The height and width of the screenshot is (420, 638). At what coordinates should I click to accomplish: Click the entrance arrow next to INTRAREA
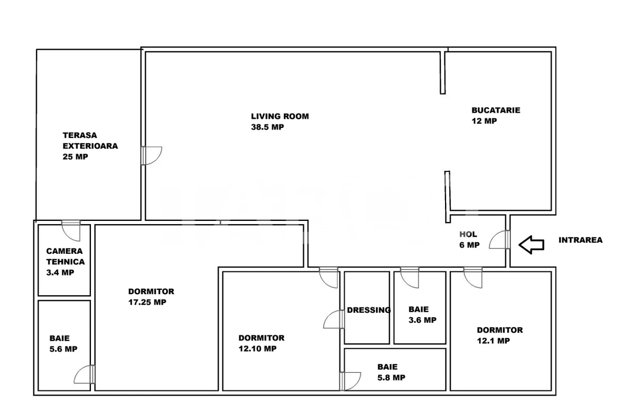(531, 245)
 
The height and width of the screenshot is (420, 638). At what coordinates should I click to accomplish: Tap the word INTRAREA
(581, 240)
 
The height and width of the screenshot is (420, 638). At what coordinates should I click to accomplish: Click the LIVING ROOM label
(280, 116)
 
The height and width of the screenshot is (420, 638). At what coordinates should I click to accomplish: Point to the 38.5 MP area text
(267, 127)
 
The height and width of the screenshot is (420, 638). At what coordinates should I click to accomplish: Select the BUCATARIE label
(496, 110)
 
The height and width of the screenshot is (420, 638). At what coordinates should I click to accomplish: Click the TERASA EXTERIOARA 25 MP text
(90, 146)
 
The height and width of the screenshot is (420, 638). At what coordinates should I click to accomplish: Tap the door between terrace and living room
(152, 156)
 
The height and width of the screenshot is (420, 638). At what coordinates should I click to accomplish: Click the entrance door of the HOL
(500, 239)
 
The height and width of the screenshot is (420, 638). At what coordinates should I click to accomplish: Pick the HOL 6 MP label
(469, 239)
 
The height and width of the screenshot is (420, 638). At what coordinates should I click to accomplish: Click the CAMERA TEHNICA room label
(65, 262)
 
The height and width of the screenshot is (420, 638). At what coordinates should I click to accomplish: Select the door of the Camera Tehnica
(71, 230)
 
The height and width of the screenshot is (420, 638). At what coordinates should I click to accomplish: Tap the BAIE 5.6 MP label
(63, 344)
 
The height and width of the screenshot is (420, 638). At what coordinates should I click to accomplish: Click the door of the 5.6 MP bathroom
(85, 374)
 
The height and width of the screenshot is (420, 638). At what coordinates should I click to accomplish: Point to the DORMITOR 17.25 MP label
(151, 297)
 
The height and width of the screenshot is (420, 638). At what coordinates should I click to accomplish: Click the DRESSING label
(368, 310)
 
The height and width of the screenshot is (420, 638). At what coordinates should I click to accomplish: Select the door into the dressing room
(334, 319)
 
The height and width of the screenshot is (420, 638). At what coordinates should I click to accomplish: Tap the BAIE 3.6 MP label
(422, 314)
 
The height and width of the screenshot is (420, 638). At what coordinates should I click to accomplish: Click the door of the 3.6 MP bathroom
(409, 278)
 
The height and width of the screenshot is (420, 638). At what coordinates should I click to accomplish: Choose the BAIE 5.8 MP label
(391, 372)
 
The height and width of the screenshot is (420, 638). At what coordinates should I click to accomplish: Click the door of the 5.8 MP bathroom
(350, 381)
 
